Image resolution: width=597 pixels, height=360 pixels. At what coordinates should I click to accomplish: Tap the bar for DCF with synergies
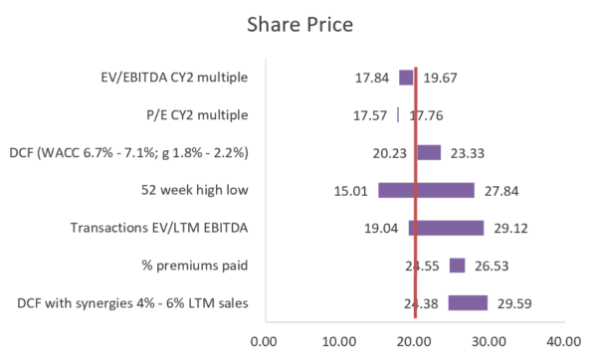tap(467, 303)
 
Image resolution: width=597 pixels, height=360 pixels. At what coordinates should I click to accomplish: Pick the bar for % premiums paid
tap(457, 266)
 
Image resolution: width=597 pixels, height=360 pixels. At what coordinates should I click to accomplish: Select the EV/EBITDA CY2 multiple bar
tap(406, 78)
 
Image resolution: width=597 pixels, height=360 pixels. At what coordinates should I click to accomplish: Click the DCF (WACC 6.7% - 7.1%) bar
tap(428, 152)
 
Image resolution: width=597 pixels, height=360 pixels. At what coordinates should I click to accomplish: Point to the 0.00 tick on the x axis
tap(265, 341)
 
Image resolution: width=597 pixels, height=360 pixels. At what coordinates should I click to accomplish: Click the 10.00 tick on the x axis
tap(339, 341)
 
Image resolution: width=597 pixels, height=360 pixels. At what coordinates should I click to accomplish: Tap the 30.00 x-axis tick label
tap(489, 341)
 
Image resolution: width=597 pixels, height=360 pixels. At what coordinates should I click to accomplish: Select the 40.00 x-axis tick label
tap(564, 341)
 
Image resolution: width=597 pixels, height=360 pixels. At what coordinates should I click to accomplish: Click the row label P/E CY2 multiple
tap(186, 115)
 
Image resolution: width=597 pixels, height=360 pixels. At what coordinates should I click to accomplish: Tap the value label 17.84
tap(372, 78)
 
